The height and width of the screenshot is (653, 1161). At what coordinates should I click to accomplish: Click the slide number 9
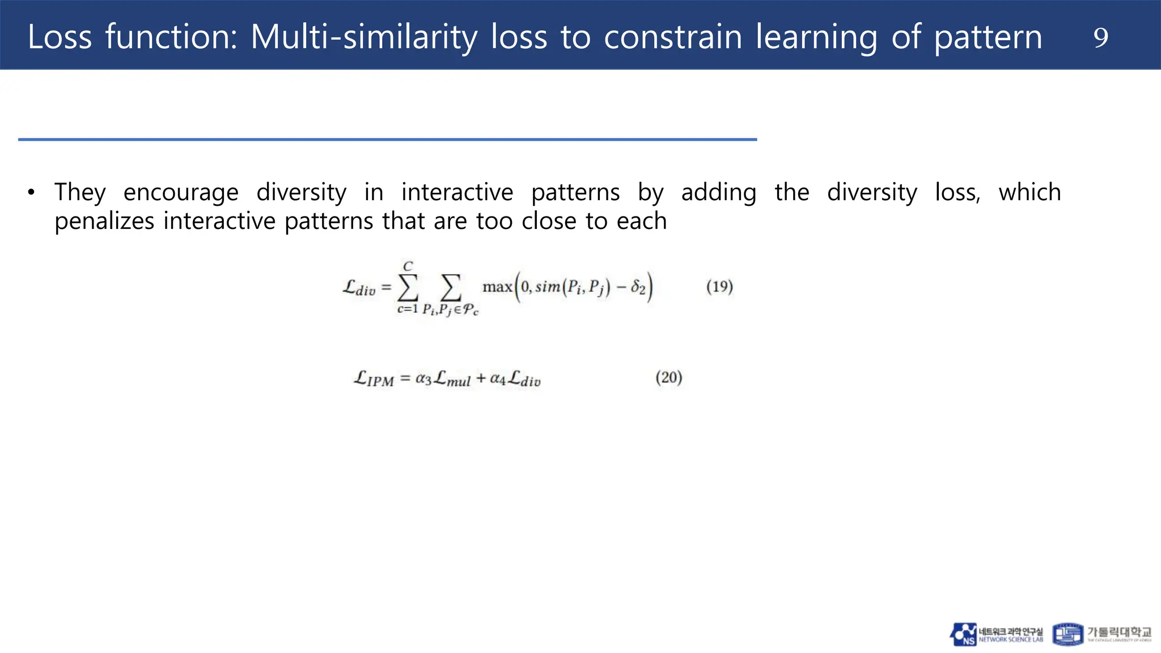[1100, 38]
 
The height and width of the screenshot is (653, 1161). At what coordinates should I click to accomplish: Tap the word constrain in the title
[673, 37]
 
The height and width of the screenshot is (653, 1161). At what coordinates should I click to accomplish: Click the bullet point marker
[31, 193]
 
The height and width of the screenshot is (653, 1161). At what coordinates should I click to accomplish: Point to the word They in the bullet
[80, 193]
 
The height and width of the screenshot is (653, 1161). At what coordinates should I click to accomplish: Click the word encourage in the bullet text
[181, 193]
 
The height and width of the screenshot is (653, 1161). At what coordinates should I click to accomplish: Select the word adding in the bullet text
[718, 193]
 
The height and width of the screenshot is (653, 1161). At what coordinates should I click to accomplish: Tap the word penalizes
[104, 221]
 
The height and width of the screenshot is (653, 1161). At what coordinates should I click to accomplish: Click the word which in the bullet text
[1029, 193]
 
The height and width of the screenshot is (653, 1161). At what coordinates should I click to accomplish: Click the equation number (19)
[719, 287]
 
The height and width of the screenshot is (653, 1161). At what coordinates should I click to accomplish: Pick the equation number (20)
[669, 378]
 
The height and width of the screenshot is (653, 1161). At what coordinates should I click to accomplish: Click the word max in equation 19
[497, 287]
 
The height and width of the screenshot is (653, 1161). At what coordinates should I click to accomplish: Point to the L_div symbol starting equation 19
[359, 288]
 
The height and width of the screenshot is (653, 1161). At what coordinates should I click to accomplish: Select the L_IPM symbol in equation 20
[374, 379]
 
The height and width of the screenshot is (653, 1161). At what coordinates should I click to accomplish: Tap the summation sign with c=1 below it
[408, 287]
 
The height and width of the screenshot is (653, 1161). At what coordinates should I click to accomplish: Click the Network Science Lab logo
[997, 634]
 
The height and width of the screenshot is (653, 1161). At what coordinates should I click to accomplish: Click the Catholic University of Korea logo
[1102, 634]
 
